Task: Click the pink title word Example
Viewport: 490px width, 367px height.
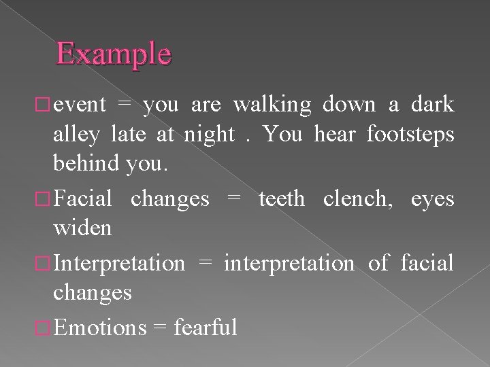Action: click(x=114, y=54)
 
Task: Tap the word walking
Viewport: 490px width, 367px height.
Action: click(x=272, y=105)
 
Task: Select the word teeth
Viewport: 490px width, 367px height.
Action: click(x=282, y=198)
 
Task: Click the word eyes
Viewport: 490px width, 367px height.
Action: click(x=432, y=200)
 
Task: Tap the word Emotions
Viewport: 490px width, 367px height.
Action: click(x=100, y=327)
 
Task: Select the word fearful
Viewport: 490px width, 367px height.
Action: click(x=206, y=327)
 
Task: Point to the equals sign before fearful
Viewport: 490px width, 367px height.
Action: click(x=161, y=328)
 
